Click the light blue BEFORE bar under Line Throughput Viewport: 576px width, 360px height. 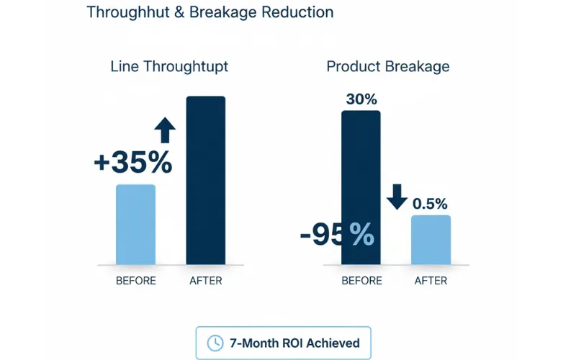click(135, 225)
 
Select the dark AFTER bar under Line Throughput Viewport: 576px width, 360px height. click(205, 180)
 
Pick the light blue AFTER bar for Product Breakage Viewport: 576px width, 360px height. click(431, 240)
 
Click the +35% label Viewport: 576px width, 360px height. click(133, 163)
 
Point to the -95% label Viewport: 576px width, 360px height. click(337, 233)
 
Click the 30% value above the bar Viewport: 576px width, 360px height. click(361, 99)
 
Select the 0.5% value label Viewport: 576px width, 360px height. click(430, 204)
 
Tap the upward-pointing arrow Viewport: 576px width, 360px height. click(165, 130)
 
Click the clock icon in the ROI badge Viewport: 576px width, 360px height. click(215, 343)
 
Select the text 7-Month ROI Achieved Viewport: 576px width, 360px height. click(294, 343)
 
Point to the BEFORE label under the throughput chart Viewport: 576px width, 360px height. click(135, 281)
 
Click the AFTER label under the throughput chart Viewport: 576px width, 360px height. click(205, 281)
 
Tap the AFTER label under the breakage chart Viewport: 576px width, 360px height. click(431, 281)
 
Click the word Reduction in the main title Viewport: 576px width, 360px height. click(297, 12)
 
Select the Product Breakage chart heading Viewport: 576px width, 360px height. click(387, 66)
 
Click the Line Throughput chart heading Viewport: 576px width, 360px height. click(169, 66)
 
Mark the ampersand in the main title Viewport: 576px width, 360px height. click(181, 12)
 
